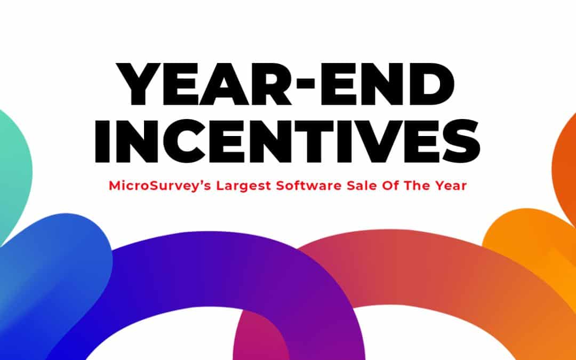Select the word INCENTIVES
[287, 141]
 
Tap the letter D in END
[434, 84]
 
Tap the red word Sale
[362, 186]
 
